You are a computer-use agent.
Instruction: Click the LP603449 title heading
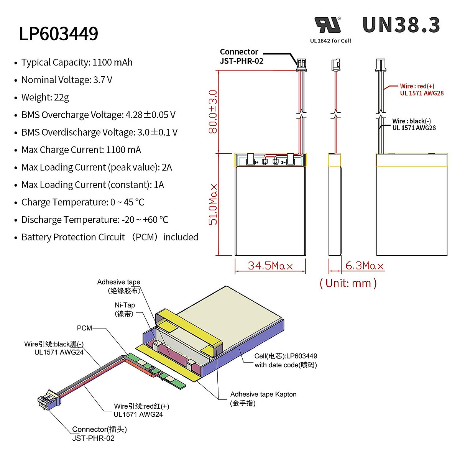tap(59, 34)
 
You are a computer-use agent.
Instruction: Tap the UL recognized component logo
tap(328, 25)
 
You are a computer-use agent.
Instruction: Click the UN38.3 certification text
tap(401, 25)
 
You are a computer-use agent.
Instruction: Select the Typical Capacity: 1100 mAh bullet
tap(77, 62)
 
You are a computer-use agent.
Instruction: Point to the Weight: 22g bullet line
tap(45, 97)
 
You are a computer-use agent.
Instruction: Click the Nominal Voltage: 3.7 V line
tap(67, 80)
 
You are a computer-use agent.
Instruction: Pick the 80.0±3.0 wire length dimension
tap(213, 112)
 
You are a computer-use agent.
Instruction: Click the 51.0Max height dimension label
tap(213, 204)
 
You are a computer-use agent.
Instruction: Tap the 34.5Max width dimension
tap(270, 266)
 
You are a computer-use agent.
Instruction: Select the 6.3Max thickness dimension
tap(364, 266)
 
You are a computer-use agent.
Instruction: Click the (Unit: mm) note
tap(348, 283)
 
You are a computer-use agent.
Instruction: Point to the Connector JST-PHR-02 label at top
tap(241, 56)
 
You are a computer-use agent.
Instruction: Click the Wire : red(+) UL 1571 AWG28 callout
tap(422, 90)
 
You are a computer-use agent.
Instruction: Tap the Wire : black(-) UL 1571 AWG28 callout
tap(414, 125)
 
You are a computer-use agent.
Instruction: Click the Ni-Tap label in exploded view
tap(125, 309)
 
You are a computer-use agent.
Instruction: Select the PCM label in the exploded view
tap(84, 328)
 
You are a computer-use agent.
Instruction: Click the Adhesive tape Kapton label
tap(263, 398)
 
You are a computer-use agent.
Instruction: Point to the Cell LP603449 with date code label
tap(286, 360)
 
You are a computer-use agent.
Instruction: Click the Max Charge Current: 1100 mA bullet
tap(81, 150)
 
